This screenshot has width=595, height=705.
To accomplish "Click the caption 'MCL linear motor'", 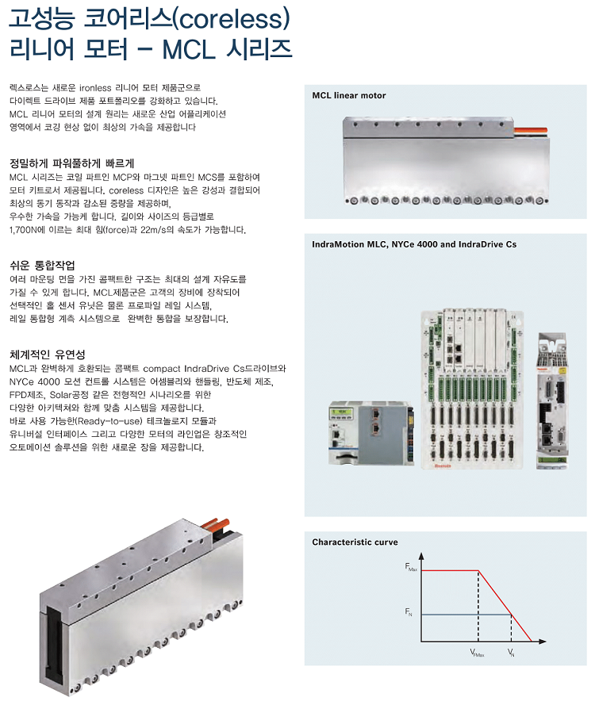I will (349, 95).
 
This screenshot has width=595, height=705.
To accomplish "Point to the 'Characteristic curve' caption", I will (355, 542).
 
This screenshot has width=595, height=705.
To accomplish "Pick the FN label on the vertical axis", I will (409, 613).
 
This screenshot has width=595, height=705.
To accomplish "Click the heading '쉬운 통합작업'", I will (41, 265).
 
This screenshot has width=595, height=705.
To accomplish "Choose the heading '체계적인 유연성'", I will (47, 354).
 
